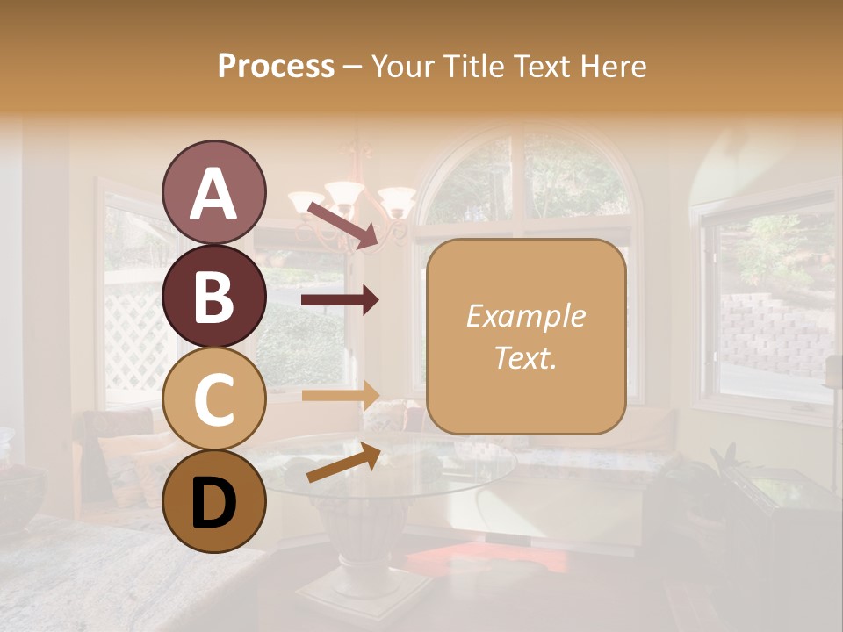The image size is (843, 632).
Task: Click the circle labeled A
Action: coord(213,192)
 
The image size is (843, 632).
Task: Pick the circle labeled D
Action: coord(213,501)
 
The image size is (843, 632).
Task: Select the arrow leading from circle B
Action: coord(340,300)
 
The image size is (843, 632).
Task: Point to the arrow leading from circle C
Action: coord(340,395)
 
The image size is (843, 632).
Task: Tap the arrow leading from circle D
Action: coord(343,463)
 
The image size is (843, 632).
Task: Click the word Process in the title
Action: coord(276,66)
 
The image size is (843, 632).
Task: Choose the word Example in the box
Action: coord(525,316)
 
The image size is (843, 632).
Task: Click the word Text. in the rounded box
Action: coord(525,357)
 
